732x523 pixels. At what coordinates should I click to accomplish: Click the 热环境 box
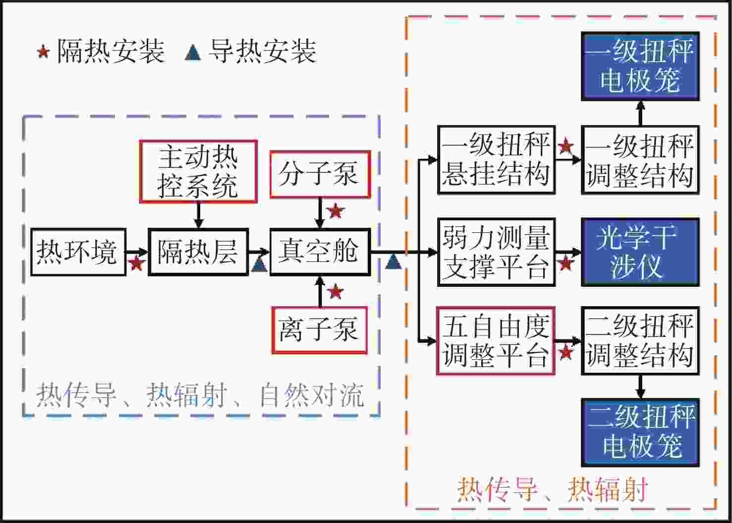(78, 252)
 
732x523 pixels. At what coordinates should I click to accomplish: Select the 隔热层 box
(198, 252)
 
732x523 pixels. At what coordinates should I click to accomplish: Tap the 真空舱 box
(320, 252)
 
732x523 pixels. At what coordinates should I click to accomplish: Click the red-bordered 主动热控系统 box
(198, 172)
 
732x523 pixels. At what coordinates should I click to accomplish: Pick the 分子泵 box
(320, 175)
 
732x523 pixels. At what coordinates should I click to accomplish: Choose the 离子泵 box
(320, 330)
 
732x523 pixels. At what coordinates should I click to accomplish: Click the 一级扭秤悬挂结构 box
(497, 160)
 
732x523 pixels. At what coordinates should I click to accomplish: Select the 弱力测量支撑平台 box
(497, 253)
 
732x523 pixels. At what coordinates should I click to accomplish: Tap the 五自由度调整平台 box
(496, 341)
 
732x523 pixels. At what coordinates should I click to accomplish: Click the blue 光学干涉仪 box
(640, 253)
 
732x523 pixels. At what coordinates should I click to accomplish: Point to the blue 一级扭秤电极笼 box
(640, 66)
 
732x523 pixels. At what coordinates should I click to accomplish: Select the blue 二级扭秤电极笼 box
(640, 432)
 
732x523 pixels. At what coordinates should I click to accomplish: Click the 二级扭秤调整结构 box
(640, 341)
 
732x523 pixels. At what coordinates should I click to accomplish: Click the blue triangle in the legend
(193, 53)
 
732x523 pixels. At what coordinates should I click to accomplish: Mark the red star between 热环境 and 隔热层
(137, 263)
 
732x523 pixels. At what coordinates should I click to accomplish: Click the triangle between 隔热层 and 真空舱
(260, 264)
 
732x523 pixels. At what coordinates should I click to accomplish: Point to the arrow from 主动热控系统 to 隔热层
(199, 215)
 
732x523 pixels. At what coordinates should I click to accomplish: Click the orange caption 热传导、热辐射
(552, 490)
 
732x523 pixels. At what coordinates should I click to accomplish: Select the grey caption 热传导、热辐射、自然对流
(200, 395)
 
